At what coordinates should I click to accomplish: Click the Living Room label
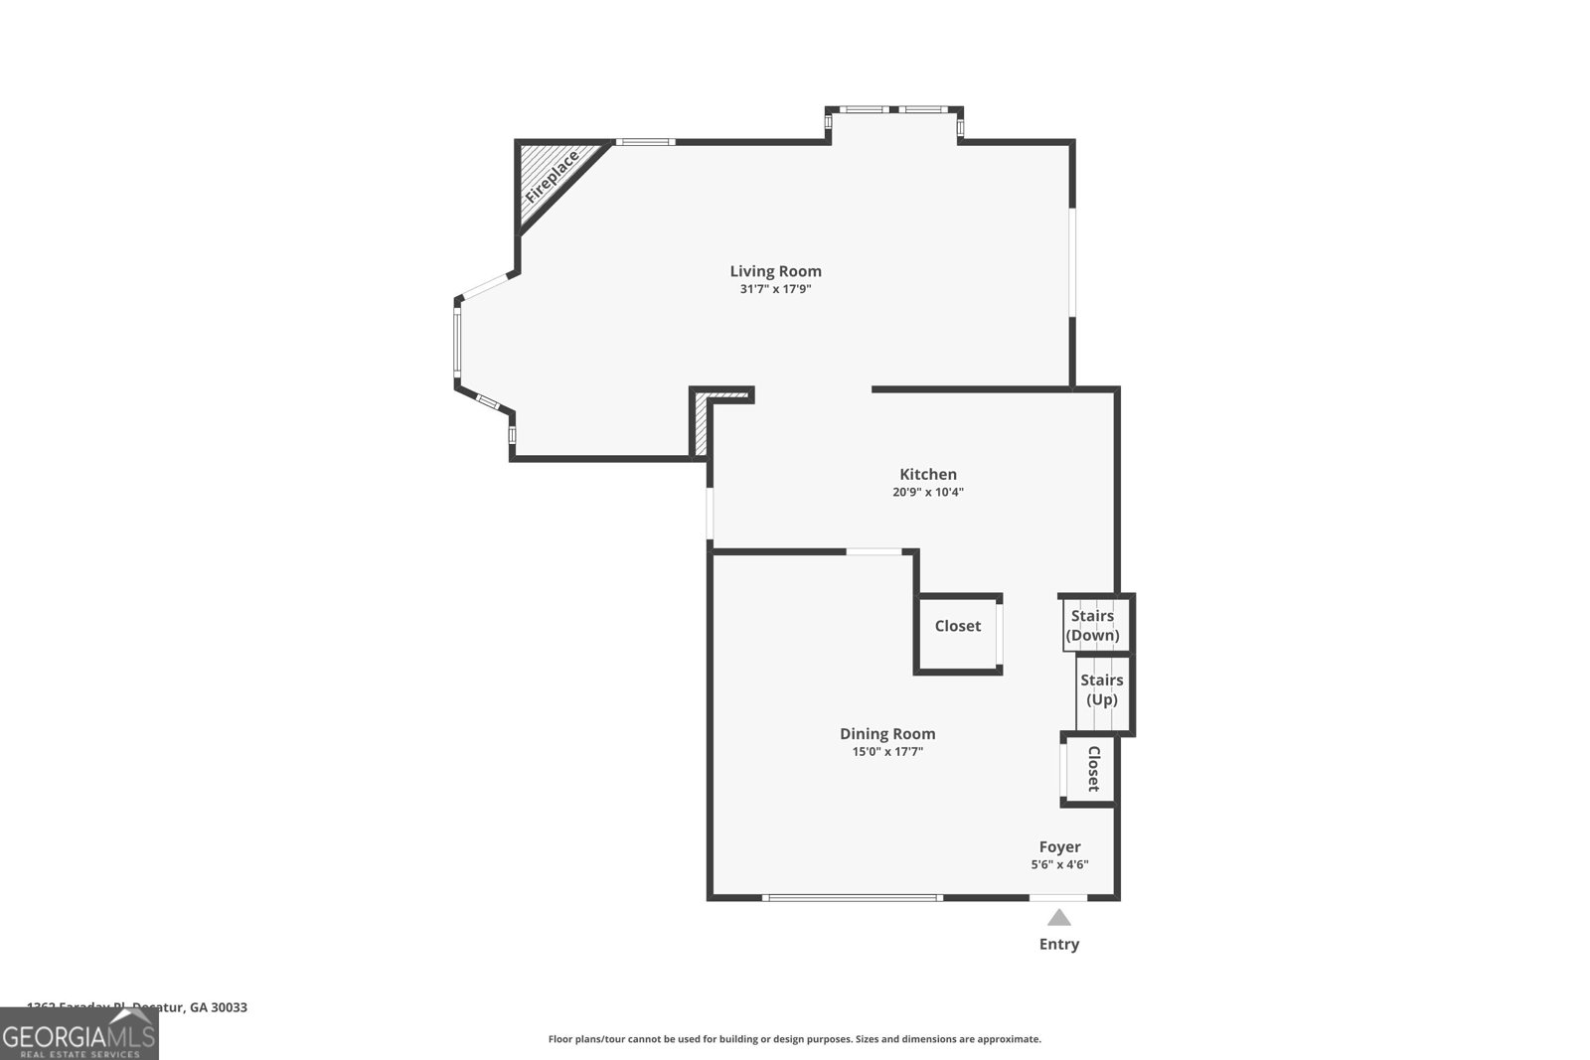point(775,271)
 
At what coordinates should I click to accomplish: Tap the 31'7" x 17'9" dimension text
point(775,290)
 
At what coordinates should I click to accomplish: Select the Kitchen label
point(928,475)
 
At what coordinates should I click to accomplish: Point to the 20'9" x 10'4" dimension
point(928,492)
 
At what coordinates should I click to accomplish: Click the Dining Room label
point(887,734)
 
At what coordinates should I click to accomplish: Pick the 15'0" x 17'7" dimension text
point(887,752)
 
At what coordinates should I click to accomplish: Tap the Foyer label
point(1059,847)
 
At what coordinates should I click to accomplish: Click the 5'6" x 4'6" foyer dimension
point(1059,864)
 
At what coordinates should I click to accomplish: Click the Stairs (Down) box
point(1093,625)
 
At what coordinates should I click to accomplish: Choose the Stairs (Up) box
point(1101,690)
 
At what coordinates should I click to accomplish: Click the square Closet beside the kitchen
point(957,633)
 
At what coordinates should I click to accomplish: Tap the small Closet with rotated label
point(1091,769)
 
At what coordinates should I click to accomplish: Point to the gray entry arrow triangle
point(1059,917)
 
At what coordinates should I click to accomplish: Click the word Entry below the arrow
point(1059,944)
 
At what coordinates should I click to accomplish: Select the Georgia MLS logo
point(79,1034)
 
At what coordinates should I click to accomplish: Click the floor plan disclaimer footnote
point(794,1039)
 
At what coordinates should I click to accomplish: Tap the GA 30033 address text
point(218,1007)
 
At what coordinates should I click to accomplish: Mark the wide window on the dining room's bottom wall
point(852,898)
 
